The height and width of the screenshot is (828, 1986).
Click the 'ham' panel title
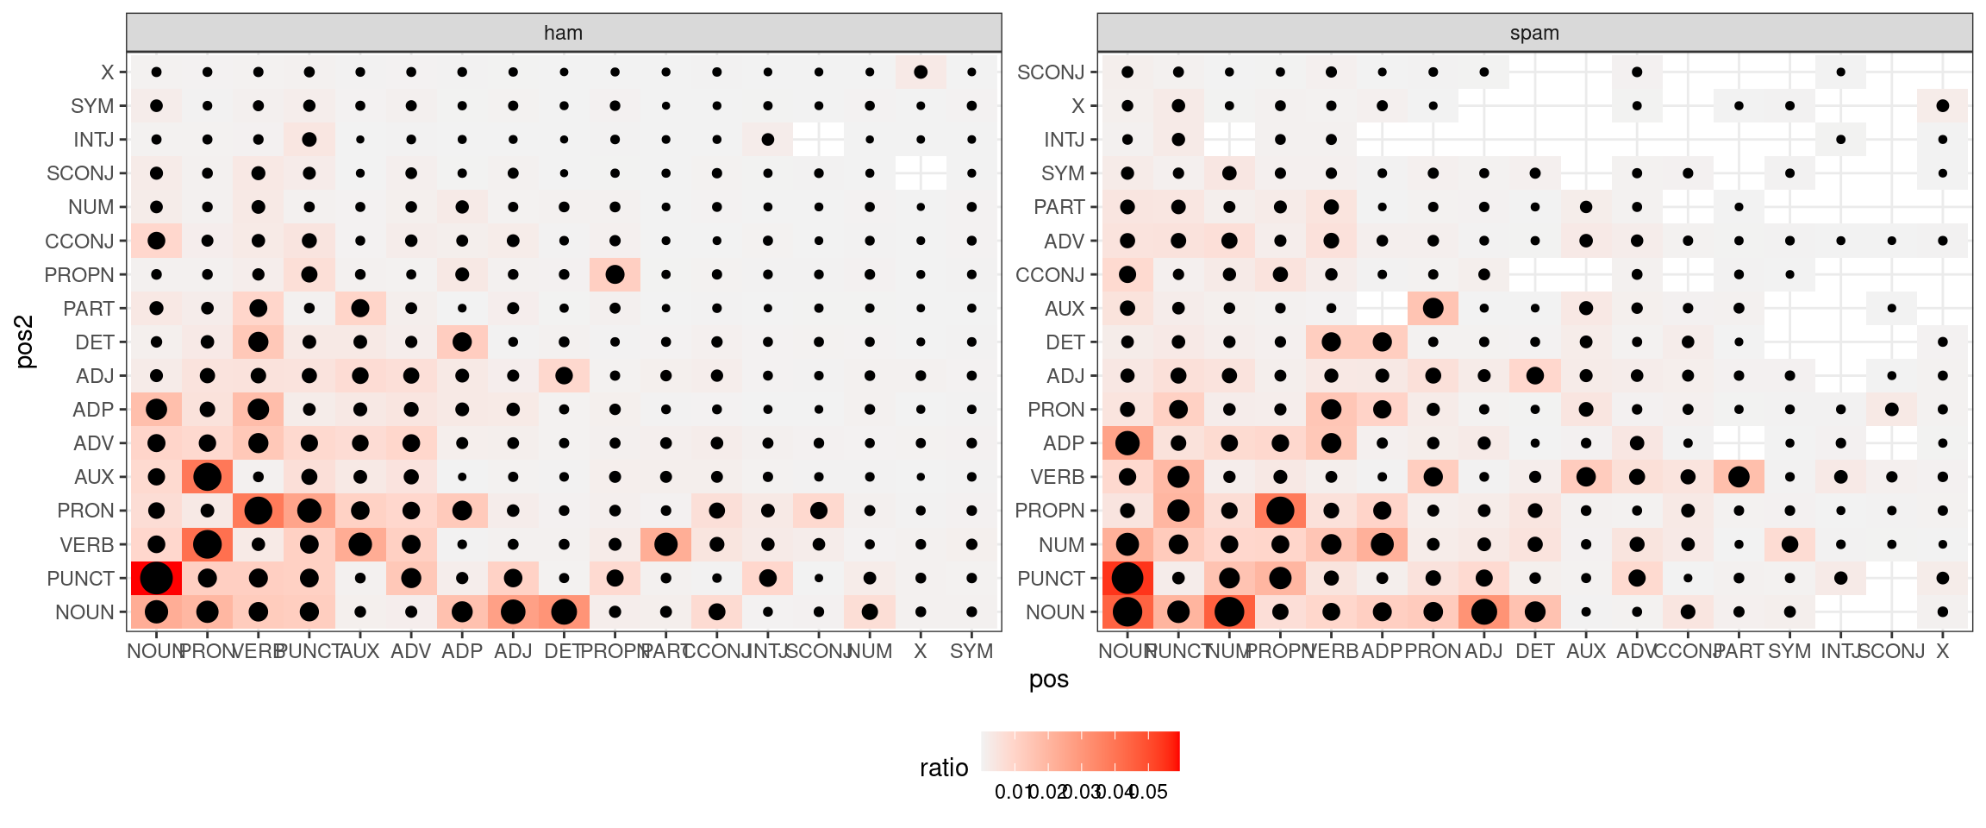click(x=563, y=33)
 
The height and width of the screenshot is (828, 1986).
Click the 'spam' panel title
click(x=1534, y=33)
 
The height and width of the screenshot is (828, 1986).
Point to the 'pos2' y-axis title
click(x=25, y=342)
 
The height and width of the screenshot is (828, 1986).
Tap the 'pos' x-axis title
click(x=1048, y=680)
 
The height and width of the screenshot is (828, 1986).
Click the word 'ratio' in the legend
click(x=944, y=768)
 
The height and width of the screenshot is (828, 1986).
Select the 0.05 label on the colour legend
click(x=1149, y=792)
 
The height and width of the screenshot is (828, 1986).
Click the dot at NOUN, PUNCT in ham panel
click(x=156, y=578)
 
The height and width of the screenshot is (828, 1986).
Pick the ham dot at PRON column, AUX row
click(x=207, y=477)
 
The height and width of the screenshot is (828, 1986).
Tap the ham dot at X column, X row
click(x=921, y=72)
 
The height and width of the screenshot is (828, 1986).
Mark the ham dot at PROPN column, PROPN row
click(x=615, y=275)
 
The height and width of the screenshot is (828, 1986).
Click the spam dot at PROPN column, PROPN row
click(x=1280, y=511)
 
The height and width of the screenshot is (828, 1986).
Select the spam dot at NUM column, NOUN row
click(x=1229, y=612)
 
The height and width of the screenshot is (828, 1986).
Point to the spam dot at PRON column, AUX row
click(x=1433, y=308)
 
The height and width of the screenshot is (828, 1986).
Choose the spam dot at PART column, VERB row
click(x=1739, y=477)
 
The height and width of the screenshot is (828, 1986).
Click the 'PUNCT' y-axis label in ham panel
click(x=80, y=579)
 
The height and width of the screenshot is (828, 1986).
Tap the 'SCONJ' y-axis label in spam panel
click(x=1051, y=72)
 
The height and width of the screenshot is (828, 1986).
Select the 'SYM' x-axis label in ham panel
click(x=971, y=652)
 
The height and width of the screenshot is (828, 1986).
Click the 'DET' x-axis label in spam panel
click(x=1534, y=652)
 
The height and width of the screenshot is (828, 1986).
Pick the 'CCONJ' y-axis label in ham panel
click(x=79, y=241)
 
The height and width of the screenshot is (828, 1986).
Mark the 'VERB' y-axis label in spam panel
click(x=1058, y=477)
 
